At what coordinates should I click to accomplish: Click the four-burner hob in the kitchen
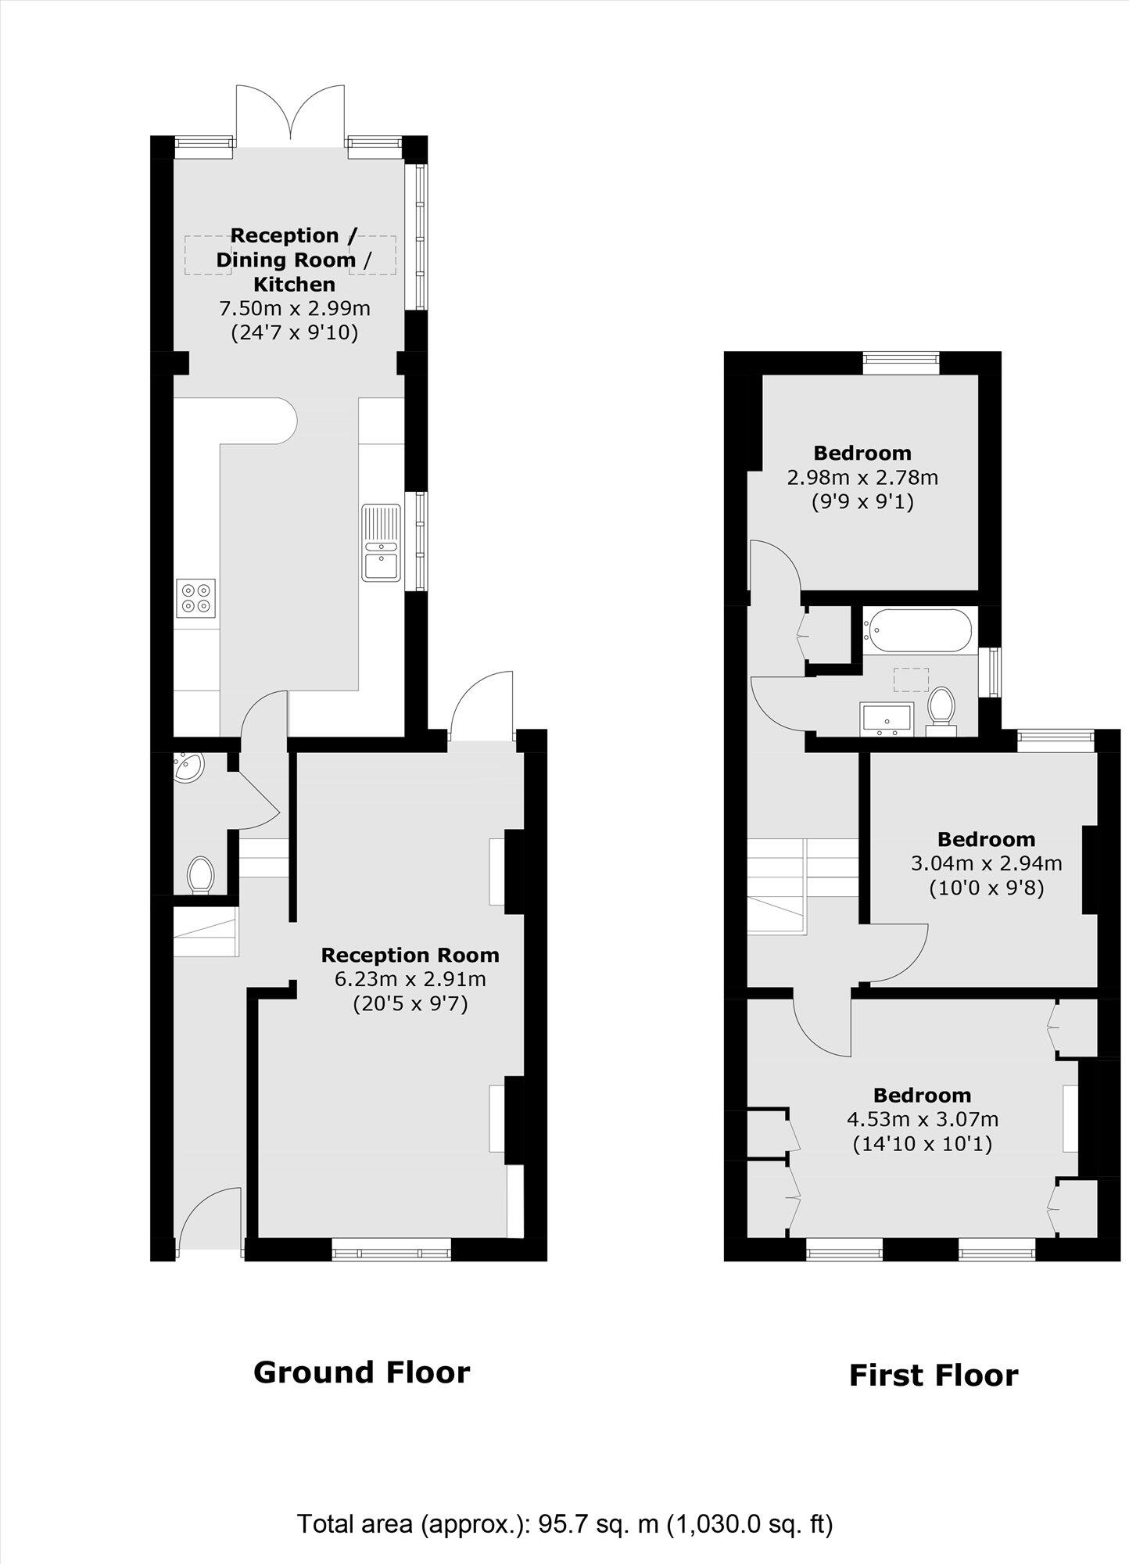(196, 598)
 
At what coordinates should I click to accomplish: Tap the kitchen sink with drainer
(382, 542)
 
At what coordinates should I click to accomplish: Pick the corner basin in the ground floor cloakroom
(188, 767)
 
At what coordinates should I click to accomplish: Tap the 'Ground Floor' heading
(362, 1372)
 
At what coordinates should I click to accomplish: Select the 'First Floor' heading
(934, 1376)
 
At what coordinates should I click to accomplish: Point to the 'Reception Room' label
(410, 955)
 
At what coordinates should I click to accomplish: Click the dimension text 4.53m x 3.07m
(923, 1119)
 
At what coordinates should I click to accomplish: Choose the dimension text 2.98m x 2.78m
(862, 476)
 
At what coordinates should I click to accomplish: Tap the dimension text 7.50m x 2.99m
(295, 308)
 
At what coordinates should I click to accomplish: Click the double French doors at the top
(290, 115)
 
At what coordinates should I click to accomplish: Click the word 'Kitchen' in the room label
(295, 284)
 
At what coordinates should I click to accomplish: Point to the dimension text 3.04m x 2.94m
(987, 863)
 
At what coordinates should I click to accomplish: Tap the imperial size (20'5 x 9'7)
(410, 1003)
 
